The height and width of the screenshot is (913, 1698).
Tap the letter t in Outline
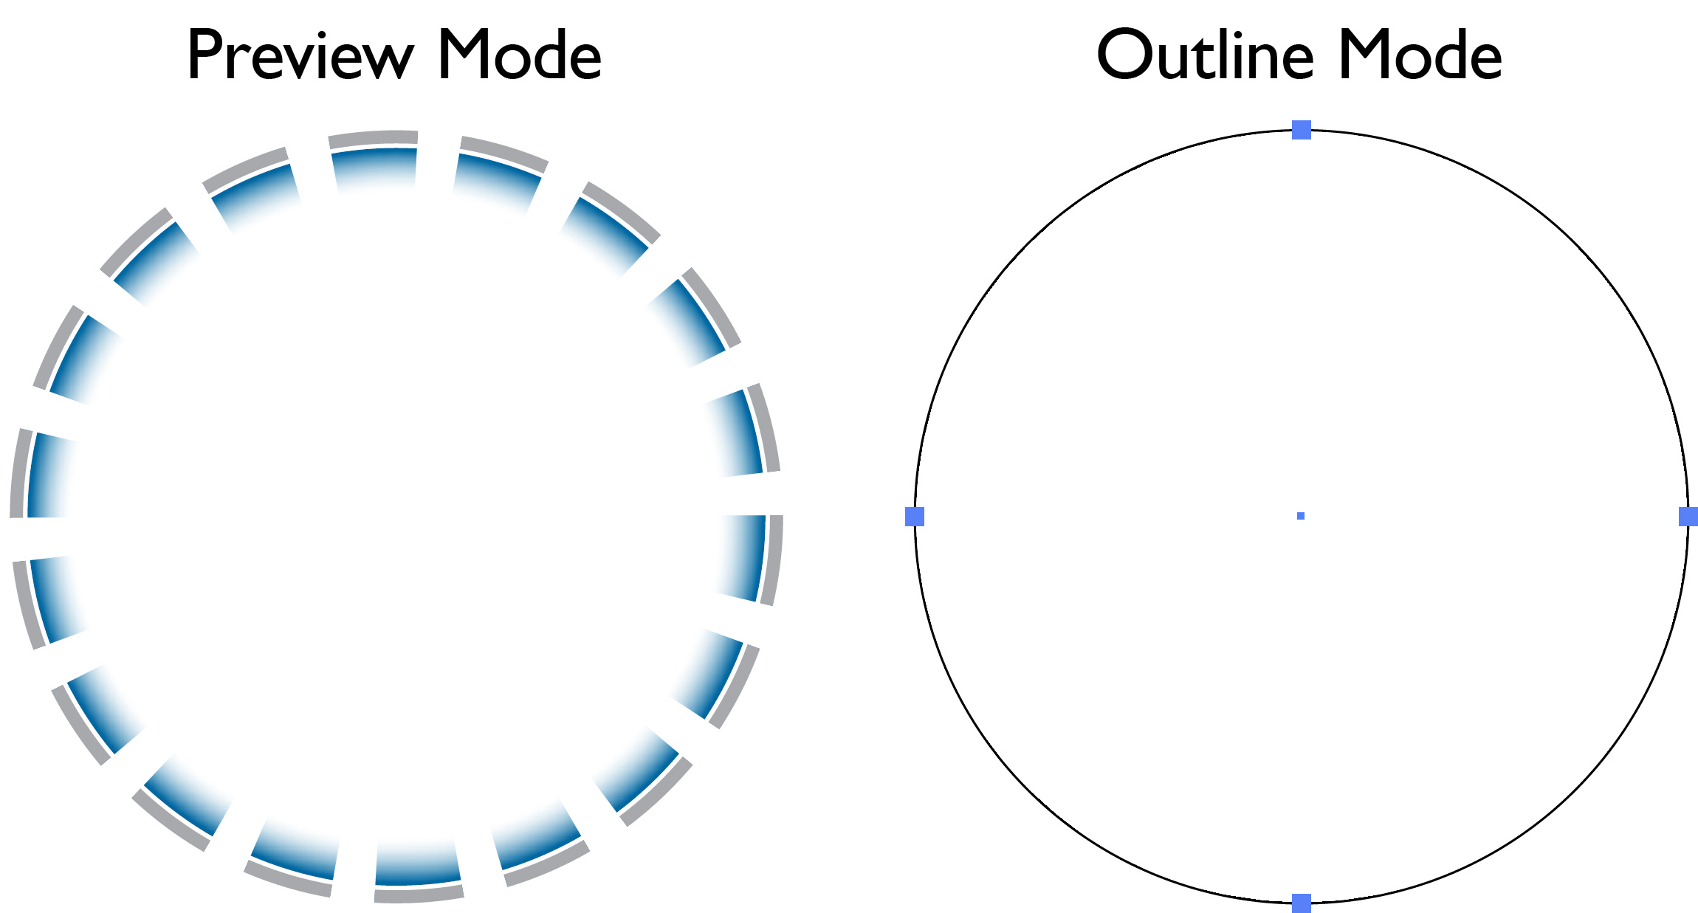click(1211, 58)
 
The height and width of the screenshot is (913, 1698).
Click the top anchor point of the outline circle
click(1302, 130)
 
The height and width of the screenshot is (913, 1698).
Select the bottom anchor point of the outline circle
click(1302, 903)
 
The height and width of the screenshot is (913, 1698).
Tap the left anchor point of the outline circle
click(915, 517)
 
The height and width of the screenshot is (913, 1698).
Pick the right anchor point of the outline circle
click(1688, 517)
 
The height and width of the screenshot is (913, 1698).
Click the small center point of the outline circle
click(1301, 516)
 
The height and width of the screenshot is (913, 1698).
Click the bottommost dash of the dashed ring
click(419, 871)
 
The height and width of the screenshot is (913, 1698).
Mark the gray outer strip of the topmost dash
click(374, 138)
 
